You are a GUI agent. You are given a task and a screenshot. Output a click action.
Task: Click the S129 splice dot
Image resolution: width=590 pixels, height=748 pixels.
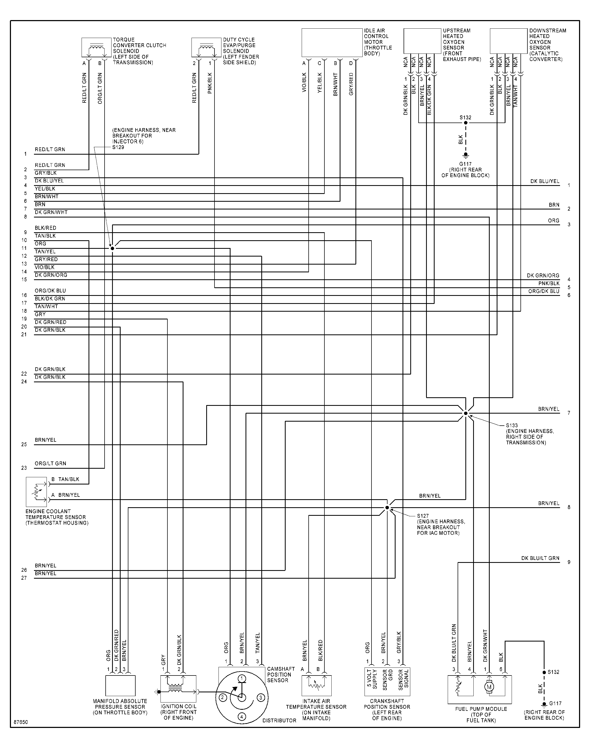pyautogui.click(x=112, y=248)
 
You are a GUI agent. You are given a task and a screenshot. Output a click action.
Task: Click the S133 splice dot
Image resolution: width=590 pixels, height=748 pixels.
pyautogui.click(x=466, y=413)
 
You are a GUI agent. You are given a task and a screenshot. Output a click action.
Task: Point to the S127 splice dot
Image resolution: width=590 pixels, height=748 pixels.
pyautogui.click(x=387, y=507)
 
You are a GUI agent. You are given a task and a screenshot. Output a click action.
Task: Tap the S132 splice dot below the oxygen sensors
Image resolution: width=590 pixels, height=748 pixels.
pyautogui.click(x=466, y=123)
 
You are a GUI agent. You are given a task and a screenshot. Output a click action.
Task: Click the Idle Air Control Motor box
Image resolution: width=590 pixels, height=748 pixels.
pyautogui.click(x=332, y=43)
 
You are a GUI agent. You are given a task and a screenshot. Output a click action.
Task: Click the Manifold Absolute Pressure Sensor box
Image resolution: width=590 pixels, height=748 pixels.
pyautogui.click(x=120, y=686)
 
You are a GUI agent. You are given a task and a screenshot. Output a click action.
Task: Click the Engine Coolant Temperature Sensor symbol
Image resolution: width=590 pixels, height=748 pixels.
pyautogui.click(x=36, y=492)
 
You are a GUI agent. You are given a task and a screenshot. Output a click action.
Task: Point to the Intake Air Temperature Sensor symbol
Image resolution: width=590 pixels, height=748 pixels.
pyautogui.click(x=316, y=686)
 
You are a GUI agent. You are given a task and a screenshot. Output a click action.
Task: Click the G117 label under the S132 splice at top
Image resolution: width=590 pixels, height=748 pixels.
pyautogui.click(x=466, y=164)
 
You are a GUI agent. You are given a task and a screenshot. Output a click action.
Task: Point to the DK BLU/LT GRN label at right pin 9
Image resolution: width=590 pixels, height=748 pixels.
pyautogui.click(x=540, y=558)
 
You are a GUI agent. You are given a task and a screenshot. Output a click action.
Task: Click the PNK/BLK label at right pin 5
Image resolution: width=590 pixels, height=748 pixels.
pyautogui.click(x=549, y=283)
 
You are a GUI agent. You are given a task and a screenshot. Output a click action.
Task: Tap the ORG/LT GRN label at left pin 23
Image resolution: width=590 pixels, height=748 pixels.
pyautogui.click(x=51, y=463)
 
